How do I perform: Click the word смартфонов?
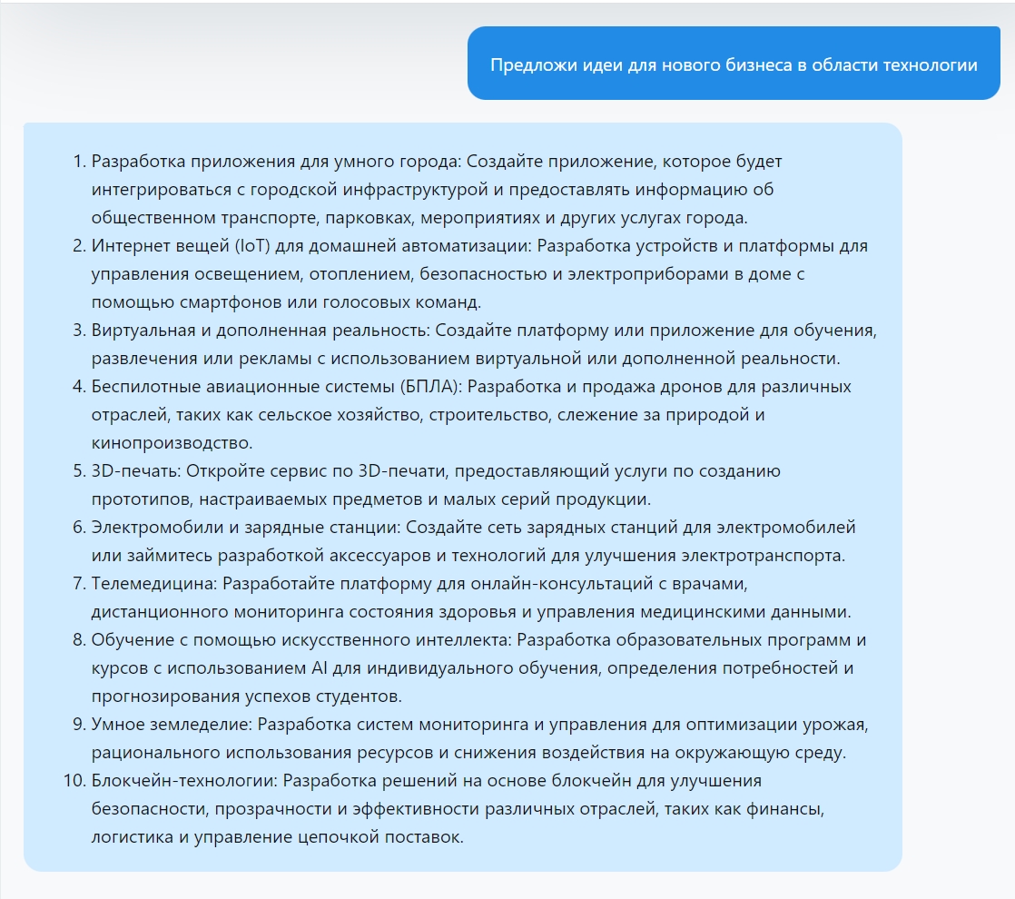pyautogui.click(x=203, y=302)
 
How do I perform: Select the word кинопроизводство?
pyautogui.click(x=171, y=443)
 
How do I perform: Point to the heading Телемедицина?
pyautogui.click(x=153, y=584)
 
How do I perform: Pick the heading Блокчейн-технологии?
pyautogui.click(x=184, y=781)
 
